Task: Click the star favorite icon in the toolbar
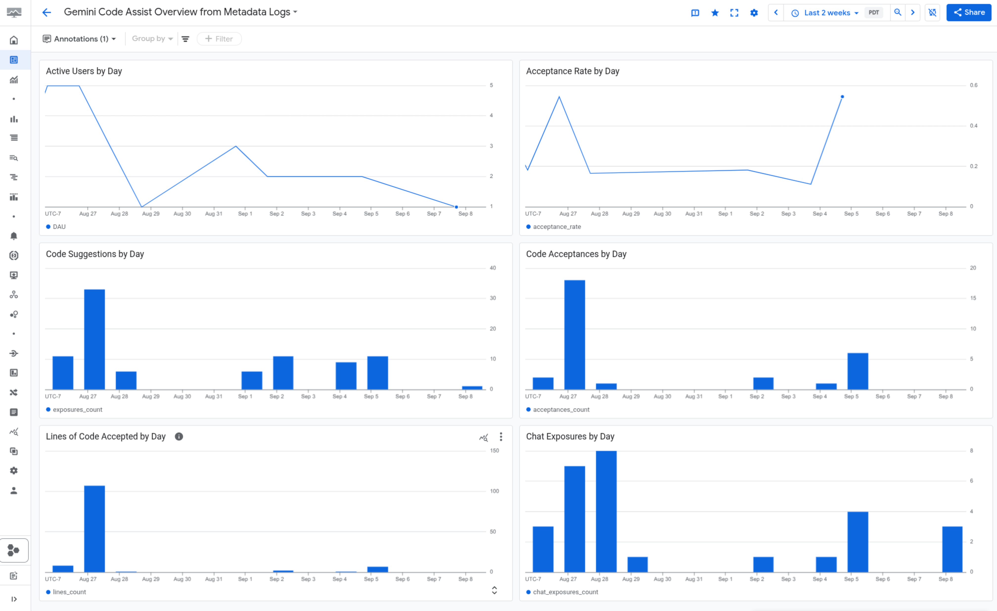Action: coord(715,13)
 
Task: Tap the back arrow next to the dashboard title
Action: coord(46,13)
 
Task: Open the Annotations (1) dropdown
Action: coord(79,39)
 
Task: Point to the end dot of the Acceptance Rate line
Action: coord(842,97)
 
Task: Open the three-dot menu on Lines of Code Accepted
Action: coord(501,437)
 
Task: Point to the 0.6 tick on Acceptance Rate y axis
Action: coord(974,85)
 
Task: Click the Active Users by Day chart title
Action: coord(84,71)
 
